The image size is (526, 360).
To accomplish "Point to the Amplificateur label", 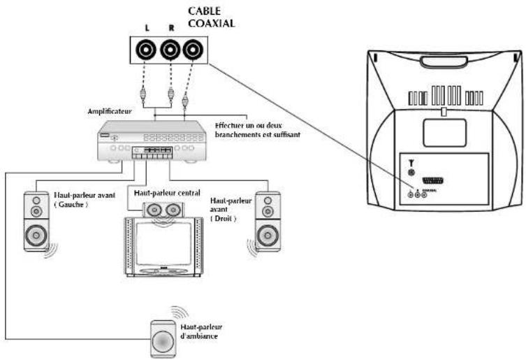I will click(x=108, y=111).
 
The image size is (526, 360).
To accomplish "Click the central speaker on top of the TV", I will click(x=161, y=208).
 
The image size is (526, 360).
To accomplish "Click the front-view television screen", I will click(x=161, y=238).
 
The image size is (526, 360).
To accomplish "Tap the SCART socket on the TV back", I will click(x=440, y=180).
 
